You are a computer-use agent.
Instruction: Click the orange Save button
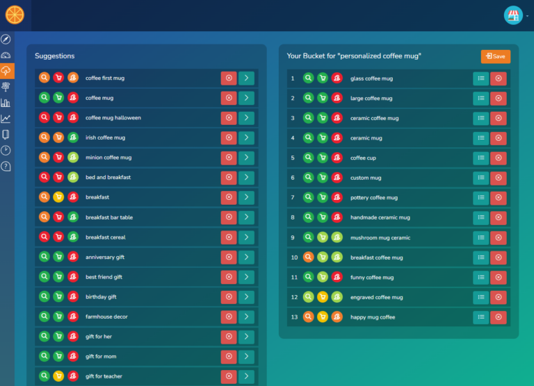[495, 56]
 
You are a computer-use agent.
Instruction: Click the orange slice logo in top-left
[14, 15]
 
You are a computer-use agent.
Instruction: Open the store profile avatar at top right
[513, 15]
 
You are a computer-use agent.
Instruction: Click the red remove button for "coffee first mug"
[229, 78]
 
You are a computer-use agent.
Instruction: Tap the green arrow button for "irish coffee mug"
[246, 138]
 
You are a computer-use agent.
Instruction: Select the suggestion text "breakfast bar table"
[109, 217]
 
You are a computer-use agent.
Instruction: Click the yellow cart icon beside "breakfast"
[58, 198]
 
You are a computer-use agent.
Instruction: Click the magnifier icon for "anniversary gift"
[44, 257]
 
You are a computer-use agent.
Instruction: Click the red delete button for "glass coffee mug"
[499, 79]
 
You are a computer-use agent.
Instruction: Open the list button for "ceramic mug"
[481, 138]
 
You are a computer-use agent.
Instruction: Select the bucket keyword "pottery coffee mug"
[374, 198]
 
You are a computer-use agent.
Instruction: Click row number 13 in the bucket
[293, 317]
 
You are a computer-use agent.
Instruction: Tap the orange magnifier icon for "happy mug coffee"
[308, 317]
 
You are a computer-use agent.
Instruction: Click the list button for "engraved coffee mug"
[481, 297]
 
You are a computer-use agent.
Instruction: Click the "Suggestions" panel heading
[55, 56]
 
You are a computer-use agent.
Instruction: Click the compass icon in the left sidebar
[6, 39]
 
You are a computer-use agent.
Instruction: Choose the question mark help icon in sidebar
[6, 167]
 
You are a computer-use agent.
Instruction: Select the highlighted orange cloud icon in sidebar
[6, 71]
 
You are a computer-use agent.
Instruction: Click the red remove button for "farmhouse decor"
[229, 317]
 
